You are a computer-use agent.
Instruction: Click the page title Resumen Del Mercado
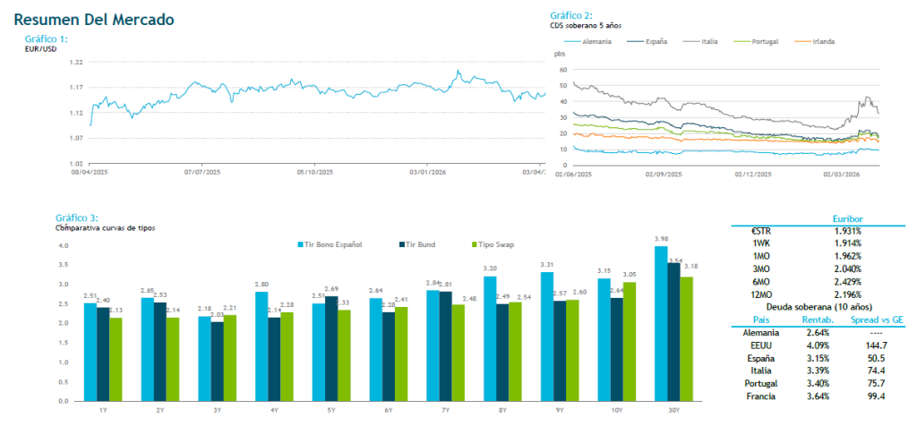[94, 19]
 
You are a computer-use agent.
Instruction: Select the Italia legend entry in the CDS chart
[707, 41]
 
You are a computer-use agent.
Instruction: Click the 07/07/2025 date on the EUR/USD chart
[201, 171]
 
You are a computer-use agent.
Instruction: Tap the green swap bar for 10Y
[630, 345]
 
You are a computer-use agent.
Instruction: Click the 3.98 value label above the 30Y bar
[661, 239]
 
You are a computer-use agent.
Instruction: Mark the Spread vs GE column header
[872, 319]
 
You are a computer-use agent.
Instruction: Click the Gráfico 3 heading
[76, 217]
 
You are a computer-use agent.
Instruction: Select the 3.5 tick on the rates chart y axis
[63, 265]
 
